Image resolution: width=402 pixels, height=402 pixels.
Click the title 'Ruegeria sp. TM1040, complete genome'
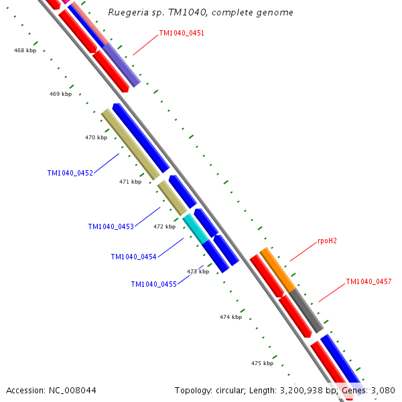tap(201, 13)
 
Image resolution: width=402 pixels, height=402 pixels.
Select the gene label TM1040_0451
tap(182, 33)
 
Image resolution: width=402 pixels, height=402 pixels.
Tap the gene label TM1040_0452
tap(70, 173)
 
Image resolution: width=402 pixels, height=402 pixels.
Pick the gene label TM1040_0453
tap(111, 226)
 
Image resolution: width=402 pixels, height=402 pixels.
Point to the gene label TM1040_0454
tap(133, 257)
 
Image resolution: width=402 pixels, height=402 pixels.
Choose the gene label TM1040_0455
tap(153, 284)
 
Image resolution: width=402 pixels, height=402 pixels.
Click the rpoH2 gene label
tap(327, 241)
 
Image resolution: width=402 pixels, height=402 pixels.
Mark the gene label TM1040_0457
tap(368, 282)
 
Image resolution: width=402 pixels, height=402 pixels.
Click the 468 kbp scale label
tap(25, 51)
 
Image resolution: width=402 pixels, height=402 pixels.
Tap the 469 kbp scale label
tap(60, 94)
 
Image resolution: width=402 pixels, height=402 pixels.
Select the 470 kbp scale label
tap(96, 138)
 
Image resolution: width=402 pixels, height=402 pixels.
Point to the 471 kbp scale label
tap(130, 182)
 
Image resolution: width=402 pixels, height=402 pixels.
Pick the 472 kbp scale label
tap(164, 226)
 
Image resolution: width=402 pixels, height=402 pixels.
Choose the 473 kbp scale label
tap(198, 271)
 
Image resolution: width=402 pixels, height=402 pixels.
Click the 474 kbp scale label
tap(230, 317)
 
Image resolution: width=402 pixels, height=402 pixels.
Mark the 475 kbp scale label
tap(262, 363)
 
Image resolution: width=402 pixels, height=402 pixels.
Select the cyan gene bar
tap(196, 228)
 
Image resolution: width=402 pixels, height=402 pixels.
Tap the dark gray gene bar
tap(306, 310)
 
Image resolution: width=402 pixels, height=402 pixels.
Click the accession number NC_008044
tap(51, 390)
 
